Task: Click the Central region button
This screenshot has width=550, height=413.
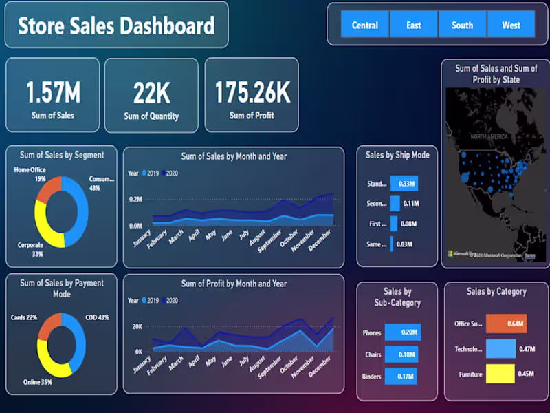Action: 365,25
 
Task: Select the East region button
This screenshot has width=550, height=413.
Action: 414,25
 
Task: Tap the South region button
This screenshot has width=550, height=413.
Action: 462,25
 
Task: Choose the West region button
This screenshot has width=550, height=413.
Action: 511,25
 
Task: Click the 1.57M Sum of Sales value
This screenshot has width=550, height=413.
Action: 53,92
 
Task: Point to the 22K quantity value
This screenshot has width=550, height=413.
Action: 151,92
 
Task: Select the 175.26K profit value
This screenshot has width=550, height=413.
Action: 252,92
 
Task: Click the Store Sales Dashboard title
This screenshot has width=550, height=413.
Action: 116,26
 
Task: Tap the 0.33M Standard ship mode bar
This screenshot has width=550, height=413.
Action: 404,184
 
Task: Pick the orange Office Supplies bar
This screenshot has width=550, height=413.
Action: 505,323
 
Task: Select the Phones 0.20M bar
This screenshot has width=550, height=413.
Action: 402,332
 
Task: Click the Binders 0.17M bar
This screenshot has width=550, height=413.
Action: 401,376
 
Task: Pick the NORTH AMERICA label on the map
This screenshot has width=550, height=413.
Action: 489,137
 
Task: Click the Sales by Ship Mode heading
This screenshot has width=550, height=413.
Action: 397,156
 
